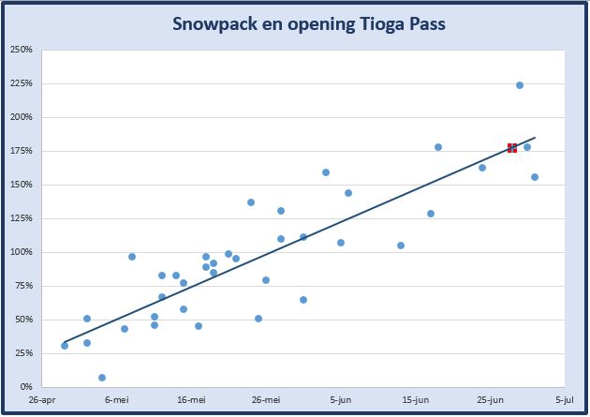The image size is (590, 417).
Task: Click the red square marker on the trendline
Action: tap(512, 148)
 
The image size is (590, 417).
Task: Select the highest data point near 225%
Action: tap(520, 85)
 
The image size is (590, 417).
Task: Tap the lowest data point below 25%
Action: tap(102, 378)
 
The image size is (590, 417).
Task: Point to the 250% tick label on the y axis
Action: tap(21, 50)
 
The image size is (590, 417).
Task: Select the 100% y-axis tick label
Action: tap(21, 252)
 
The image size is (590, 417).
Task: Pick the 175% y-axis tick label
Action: tap(21, 151)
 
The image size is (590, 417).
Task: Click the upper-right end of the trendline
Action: tap(535, 137)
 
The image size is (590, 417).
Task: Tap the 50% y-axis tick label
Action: tap(23, 320)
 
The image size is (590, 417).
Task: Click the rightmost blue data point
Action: tap(535, 177)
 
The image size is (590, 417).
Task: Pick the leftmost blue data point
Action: tap(65, 346)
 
